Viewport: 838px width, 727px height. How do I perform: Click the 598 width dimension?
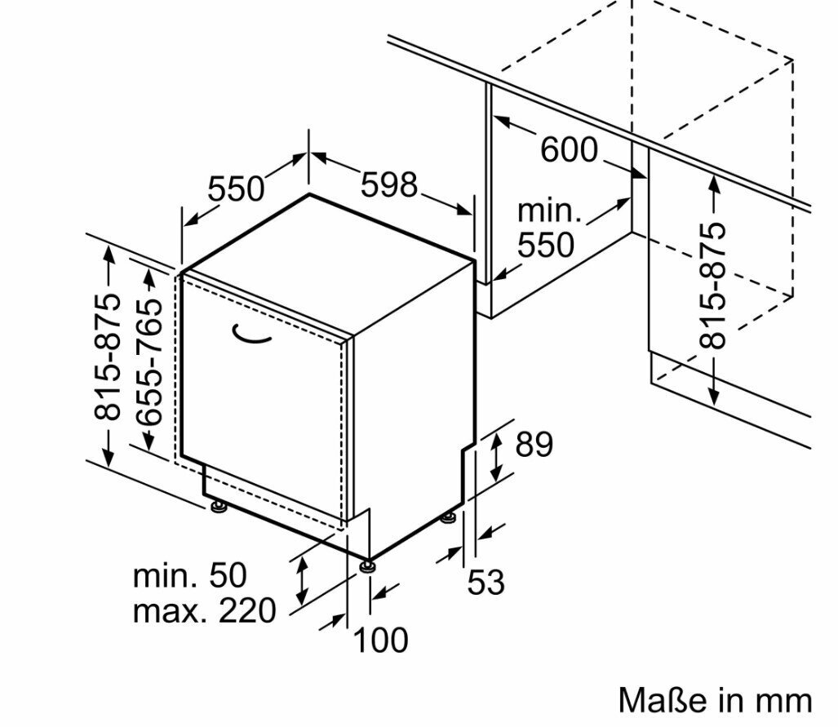click(390, 185)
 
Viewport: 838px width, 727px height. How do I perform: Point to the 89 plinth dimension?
click(534, 445)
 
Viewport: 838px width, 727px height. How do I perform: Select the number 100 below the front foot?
click(380, 640)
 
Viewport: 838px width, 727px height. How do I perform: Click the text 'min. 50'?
click(189, 575)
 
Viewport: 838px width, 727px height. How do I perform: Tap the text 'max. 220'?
click(204, 610)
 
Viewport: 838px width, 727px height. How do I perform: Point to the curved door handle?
click(252, 333)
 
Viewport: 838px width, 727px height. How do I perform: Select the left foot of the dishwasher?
click(218, 508)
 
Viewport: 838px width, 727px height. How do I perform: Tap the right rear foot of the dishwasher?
click(448, 516)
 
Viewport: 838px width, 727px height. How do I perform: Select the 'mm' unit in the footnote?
click(786, 700)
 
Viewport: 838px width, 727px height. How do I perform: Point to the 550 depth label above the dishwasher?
click(236, 188)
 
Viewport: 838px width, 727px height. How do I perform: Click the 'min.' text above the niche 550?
click(550, 211)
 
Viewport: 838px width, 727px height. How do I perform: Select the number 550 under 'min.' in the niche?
click(547, 244)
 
